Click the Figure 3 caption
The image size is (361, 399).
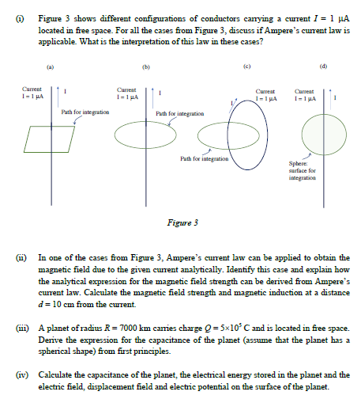[x=182, y=222]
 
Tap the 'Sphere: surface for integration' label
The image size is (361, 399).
[x=303, y=173]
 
